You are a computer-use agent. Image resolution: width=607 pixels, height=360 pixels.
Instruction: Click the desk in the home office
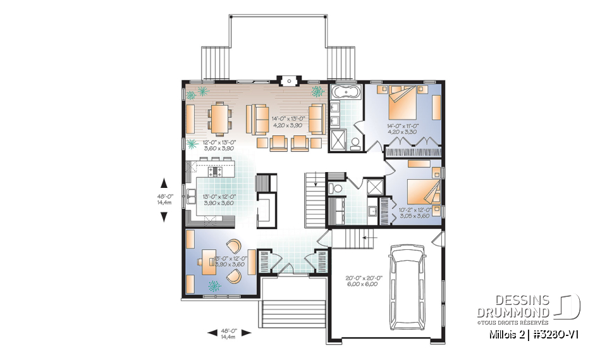pyautogui.click(x=208, y=260)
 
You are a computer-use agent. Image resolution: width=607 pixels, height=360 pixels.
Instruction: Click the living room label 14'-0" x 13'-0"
pyautogui.click(x=288, y=121)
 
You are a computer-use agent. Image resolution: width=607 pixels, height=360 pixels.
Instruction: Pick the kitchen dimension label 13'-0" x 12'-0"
pyautogui.click(x=218, y=200)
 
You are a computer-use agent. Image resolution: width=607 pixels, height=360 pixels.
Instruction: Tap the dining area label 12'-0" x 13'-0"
pyautogui.click(x=218, y=146)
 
